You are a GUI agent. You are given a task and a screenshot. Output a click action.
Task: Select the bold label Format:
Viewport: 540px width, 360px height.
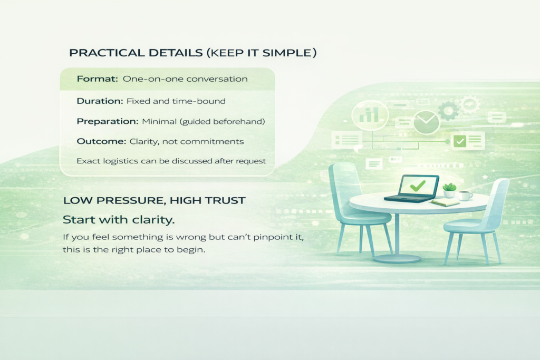(97, 79)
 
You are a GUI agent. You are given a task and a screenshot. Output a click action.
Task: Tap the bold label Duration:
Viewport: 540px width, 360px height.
(100, 101)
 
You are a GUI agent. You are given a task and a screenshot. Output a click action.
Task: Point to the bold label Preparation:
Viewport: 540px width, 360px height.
(107, 121)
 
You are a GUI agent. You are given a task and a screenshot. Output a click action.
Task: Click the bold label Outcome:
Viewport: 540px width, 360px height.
(101, 141)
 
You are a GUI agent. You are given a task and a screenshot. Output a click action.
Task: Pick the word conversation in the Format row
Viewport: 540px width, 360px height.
(217, 79)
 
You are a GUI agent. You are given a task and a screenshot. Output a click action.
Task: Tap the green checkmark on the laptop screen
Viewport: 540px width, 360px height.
(418, 186)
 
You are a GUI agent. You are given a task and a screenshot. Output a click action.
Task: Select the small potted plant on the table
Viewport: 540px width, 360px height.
(449, 190)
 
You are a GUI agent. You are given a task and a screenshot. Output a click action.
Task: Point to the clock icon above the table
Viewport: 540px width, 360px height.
(426, 122)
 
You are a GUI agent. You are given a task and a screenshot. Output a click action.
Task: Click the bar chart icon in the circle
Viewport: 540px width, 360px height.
(369, 114)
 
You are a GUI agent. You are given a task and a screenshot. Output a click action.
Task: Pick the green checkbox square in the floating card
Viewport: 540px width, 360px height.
(460, 141)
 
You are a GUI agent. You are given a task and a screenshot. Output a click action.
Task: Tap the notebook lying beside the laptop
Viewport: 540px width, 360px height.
(445, 202)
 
